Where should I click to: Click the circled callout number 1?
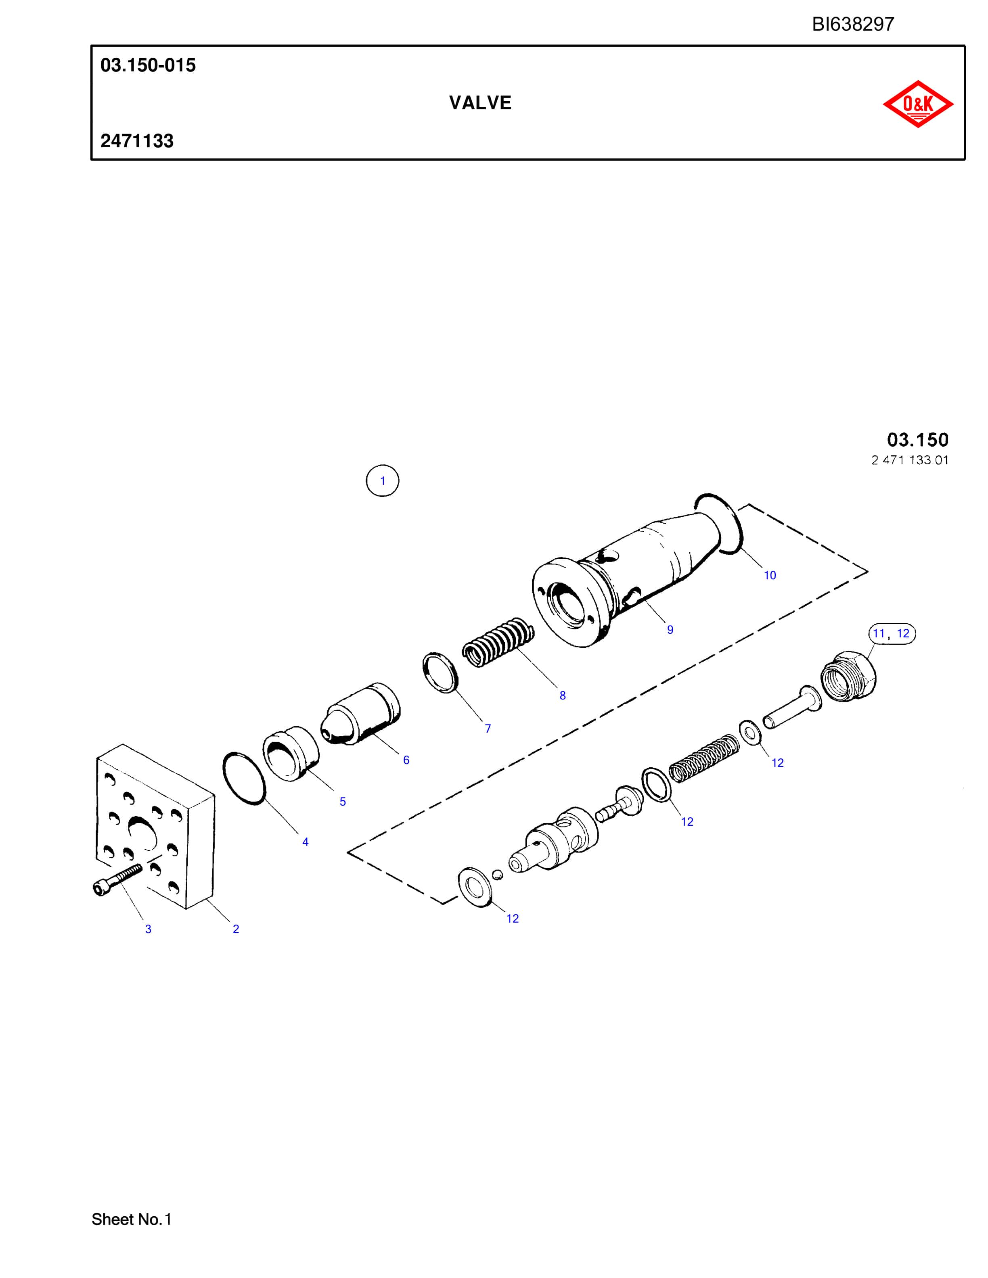tap(382, 481)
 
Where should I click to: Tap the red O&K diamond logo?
tap(918, 104)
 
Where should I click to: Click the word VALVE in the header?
tap(480, 103)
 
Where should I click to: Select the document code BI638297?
tap(853, 24)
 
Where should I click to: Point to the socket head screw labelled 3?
tap(117, 879)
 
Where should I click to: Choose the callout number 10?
tap(770, 575)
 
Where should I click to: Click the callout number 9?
tap(670, 630)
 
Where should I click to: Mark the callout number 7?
tap(488, 729)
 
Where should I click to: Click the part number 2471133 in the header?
tap(137, 141)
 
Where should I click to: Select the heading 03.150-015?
tap(148, 65)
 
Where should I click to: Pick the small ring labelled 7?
tap(440, 672)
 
